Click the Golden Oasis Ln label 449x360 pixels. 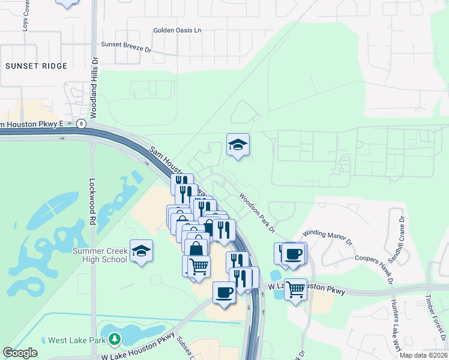(x=177, y=30)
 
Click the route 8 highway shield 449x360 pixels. (x=81, y=124)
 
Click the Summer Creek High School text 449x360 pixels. (x=100, y=256)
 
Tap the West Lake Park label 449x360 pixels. (x=77, y=341)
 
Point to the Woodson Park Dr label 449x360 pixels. (x=256, y=212)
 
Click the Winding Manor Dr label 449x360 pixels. (x=327, y=236)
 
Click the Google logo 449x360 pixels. (x=20, y=353)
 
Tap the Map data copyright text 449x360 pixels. (x=424, y=355)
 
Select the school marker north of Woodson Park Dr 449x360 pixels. (x=238, y=145)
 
